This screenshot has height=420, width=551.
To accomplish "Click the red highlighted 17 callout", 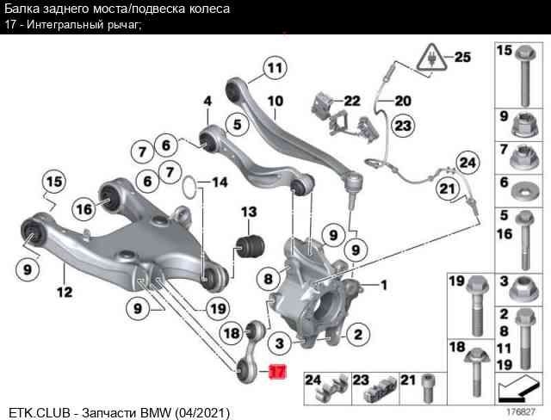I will point(276,373).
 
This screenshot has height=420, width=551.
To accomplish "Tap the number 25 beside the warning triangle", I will point(462,58).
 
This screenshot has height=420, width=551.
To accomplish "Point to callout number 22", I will point(351,101).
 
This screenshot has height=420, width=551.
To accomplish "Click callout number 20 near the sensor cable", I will point(402,101).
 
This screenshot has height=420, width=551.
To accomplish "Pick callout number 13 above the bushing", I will point(249,212).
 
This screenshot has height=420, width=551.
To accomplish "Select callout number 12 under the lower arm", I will point(65,293).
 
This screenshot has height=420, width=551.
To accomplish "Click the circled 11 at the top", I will point(274,67).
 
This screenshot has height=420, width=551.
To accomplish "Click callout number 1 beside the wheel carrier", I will point(383,284).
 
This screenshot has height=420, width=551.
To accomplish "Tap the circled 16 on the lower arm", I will point(84,208).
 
